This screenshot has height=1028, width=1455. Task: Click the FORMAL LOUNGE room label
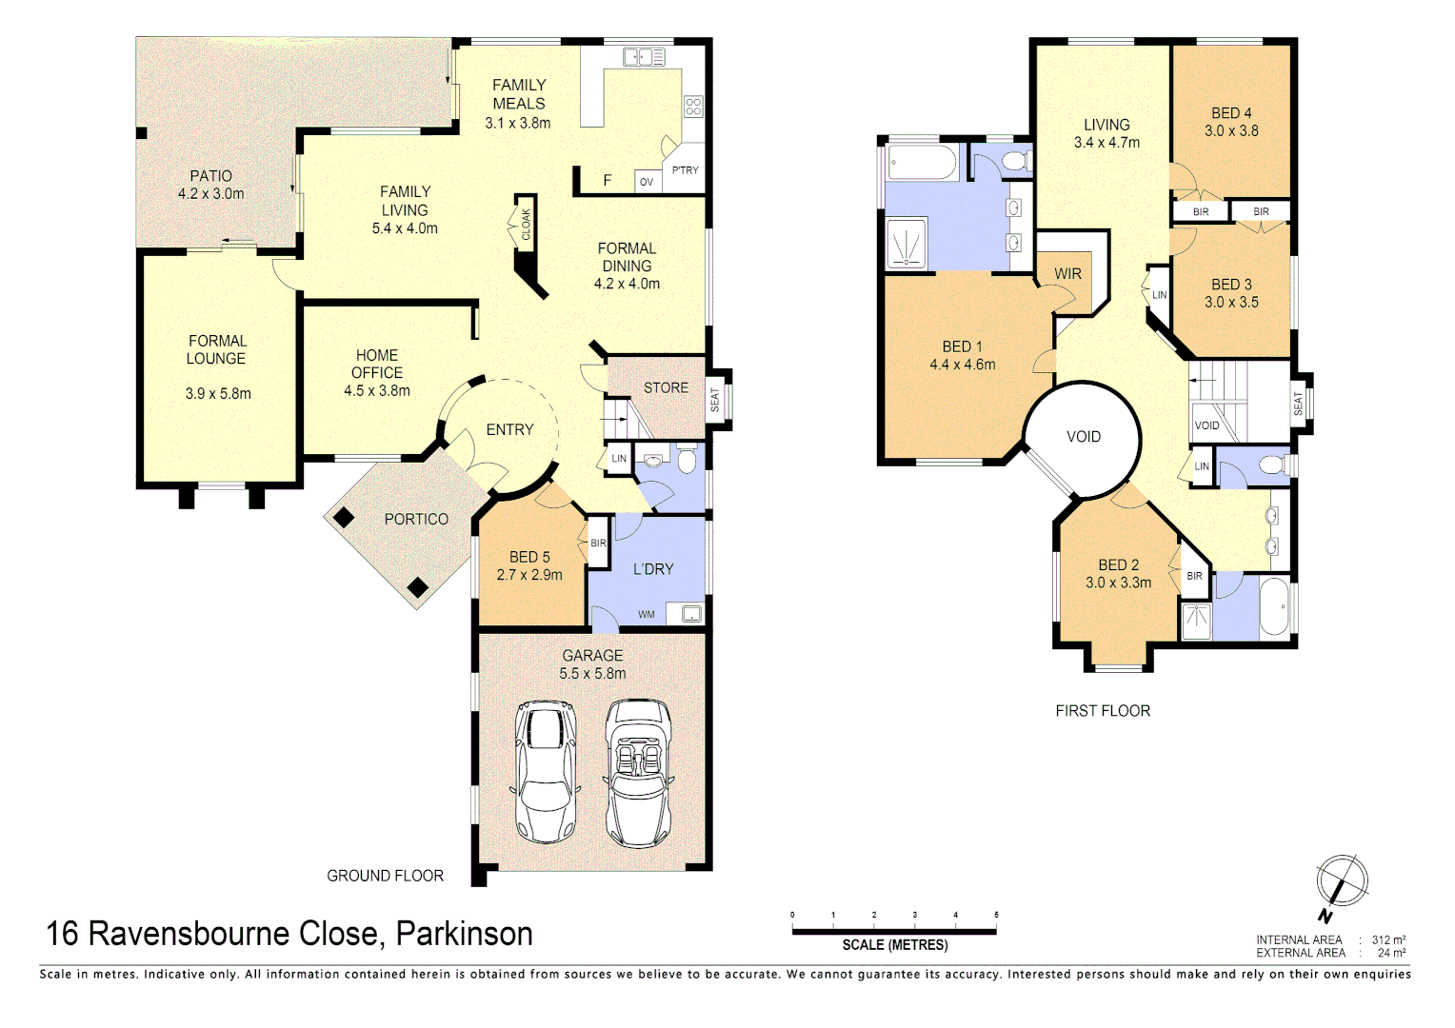click(x=217, y=349)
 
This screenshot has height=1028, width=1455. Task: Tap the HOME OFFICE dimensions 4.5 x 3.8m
click(x=377, y=390)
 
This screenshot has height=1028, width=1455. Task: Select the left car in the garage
click(x=545, y=773)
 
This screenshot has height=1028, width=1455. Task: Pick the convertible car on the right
click(x=638, y=773)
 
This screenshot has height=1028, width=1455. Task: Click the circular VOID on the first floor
click(x=1083, y=438)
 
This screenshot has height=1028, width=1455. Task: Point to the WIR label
click(x=1067, y=274)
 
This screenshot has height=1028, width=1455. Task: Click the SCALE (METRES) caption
click(x=894, y=945)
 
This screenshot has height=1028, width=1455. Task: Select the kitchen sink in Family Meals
click(x=644, y=57)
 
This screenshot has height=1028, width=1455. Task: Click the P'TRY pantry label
click(x=685, y=170)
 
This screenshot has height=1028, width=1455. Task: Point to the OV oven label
click(x=647, y=182)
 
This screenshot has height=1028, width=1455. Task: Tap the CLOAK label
click(x=526, y=225)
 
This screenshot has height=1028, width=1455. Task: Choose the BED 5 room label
click(x=529, y=557)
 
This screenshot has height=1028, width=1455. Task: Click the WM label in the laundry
click(x=647, y=614)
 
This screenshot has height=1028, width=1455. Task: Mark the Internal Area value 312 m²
click(x=1388, y=939)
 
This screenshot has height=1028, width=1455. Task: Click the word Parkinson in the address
click(x=464, y=934)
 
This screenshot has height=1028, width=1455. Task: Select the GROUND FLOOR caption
click(x=385, y=876)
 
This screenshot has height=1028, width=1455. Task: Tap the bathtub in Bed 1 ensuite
click(x=922, y=163)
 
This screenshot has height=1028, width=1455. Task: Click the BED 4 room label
click(x=1231, y=113)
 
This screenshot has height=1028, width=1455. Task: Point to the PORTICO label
click(x=416, y=519)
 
